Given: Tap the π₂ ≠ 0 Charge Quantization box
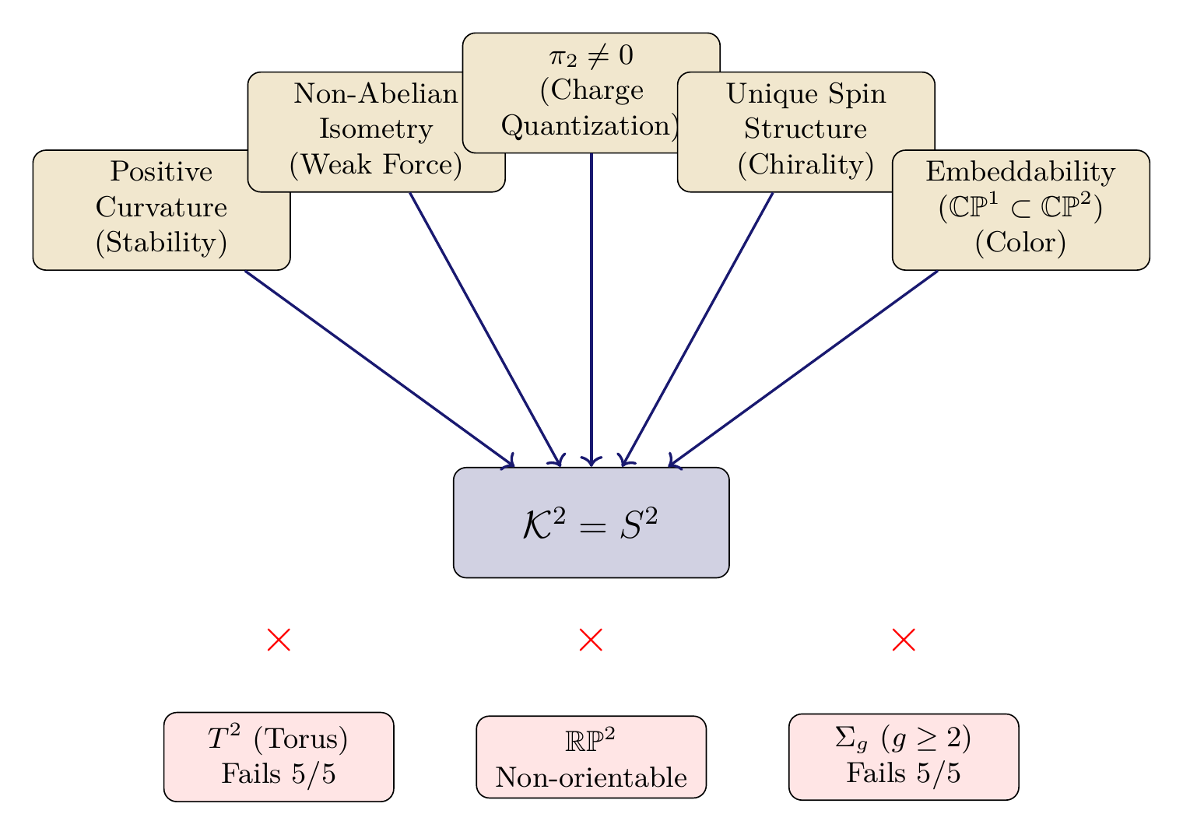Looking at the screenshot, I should (x=591, y=92).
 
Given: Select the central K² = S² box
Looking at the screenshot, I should (x=591, y=523).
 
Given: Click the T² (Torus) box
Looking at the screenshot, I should (x=279, y=756).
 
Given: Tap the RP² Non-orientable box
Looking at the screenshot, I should (x=591, y=757).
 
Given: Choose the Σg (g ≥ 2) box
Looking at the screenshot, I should (x=904, y=756).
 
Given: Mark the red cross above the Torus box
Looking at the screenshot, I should (x=279, y=640).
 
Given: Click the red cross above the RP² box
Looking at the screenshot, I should (x=591, y=640).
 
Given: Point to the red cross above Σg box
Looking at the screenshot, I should (x=904, y=640).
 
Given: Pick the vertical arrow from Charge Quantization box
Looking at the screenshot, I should (x=591, y=311).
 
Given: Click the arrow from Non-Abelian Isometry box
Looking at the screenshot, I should (x=485, y=328).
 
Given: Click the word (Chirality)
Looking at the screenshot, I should (x=806, y=165).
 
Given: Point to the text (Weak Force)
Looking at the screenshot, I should (x=376, y=165).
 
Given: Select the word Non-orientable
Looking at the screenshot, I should (x=591, y=777).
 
